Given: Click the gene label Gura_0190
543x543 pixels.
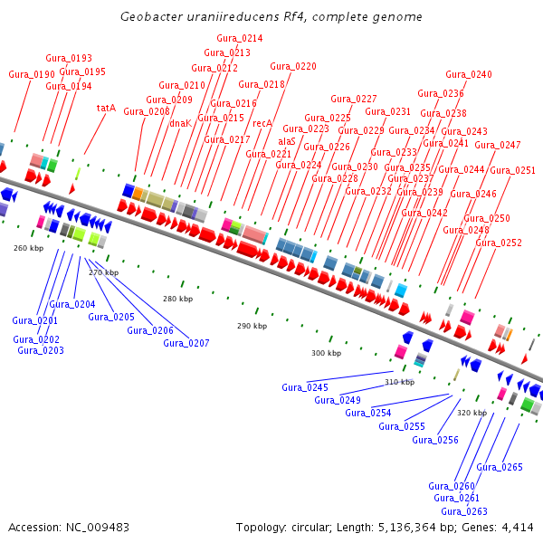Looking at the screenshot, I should click(32, 74).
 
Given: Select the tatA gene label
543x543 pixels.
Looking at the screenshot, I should click(106, 108).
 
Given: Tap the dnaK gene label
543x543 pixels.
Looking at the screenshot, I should click(180, 122).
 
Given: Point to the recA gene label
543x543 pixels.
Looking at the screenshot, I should click(262, 123).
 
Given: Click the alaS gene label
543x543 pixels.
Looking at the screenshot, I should click(287, 141).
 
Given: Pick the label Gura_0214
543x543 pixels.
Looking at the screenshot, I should click(240, 38).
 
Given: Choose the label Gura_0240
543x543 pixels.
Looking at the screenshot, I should click(469, 74).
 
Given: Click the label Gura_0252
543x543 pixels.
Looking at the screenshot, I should click(499, 243).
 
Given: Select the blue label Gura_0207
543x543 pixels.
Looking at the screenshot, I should click(186, 343).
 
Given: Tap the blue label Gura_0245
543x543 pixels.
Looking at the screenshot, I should click(305, 387).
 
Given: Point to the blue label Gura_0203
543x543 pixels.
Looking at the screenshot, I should click(41, 350).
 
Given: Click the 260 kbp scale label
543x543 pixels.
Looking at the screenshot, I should click(28, 247).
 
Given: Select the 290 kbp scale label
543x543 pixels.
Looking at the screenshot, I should click(252, 326).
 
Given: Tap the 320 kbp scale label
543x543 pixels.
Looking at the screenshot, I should click(472, 413).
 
